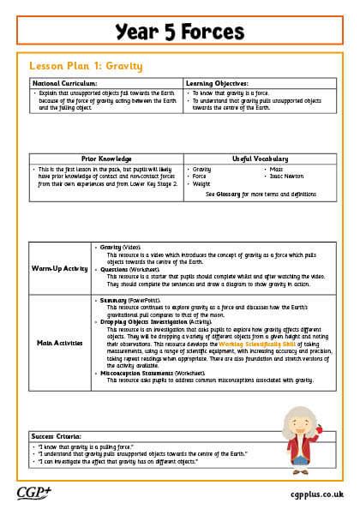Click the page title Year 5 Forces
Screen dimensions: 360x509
pos(180,32)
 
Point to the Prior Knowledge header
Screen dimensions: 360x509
pos(106,159)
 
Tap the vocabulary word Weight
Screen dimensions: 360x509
pos(202,183)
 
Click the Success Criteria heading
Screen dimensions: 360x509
pos(58,435)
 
